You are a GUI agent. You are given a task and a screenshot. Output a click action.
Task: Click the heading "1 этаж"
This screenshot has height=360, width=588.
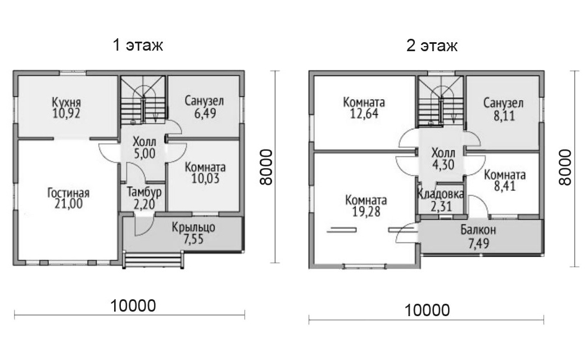pyautogui.click(x=138, y=46)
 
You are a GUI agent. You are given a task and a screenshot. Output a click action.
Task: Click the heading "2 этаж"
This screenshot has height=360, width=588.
pyautogui.click(x=432, y=46)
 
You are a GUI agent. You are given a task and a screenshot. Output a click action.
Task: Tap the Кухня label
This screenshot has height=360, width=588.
pyautogui.click(x=66, y=102)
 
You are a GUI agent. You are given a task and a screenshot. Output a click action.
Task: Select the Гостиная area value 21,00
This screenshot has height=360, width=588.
pyautogui.click(x=69, y=204)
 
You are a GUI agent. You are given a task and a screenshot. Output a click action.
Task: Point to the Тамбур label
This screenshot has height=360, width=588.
pyautogui.click(x=144, y=192)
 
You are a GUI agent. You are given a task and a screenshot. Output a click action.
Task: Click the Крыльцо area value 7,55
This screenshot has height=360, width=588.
pyautogui.click(x=193, y=239)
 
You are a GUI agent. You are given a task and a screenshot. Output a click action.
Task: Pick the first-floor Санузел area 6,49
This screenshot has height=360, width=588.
pyautogui.click(x=205, y=113)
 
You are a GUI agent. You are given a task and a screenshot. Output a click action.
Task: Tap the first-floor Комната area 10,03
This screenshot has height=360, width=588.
pyautogui.click(x=206, y=179)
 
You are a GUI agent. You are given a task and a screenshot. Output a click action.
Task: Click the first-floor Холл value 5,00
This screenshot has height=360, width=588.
pyautogui.click(x=144, y=154)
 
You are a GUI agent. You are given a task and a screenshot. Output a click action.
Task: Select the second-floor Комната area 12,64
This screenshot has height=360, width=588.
pyautogui.click(x=364, y=114)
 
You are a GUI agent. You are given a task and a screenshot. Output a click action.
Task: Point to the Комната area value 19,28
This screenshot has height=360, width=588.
pyautogui.click(x=366, y=211)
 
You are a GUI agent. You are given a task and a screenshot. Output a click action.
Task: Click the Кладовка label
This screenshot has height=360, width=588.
pyautogui.click(x=441, y=194)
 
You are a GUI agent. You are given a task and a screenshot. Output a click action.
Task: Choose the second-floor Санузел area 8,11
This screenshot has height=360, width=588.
pyautogui.click(x=504, y=116)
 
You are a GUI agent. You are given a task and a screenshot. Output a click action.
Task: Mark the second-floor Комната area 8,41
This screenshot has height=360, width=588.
pyautogui.click(x=505, y=186)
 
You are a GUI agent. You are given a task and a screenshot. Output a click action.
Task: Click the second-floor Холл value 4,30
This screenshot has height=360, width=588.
pyautogui.click(x=444, y=165)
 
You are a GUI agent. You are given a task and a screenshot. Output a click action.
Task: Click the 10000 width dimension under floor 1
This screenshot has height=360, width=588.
pyautogui.click(x=133, y=306)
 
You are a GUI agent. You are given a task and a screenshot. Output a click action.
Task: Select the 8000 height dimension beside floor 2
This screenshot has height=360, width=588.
pyautogui.click(x=565, y=168)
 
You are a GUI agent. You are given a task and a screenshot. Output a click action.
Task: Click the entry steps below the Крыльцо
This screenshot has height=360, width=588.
pyautogui.click(x=154, y=260)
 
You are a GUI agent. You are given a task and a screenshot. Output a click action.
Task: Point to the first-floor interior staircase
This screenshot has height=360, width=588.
pyautogui.click(x=143, y=100)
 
